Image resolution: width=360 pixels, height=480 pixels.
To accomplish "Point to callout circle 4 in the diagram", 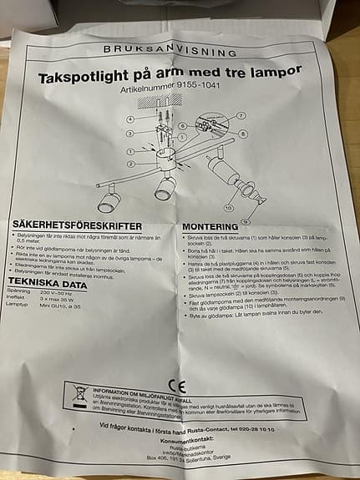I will coord(131,119).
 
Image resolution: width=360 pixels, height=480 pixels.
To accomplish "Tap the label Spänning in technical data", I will coord(29,292).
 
